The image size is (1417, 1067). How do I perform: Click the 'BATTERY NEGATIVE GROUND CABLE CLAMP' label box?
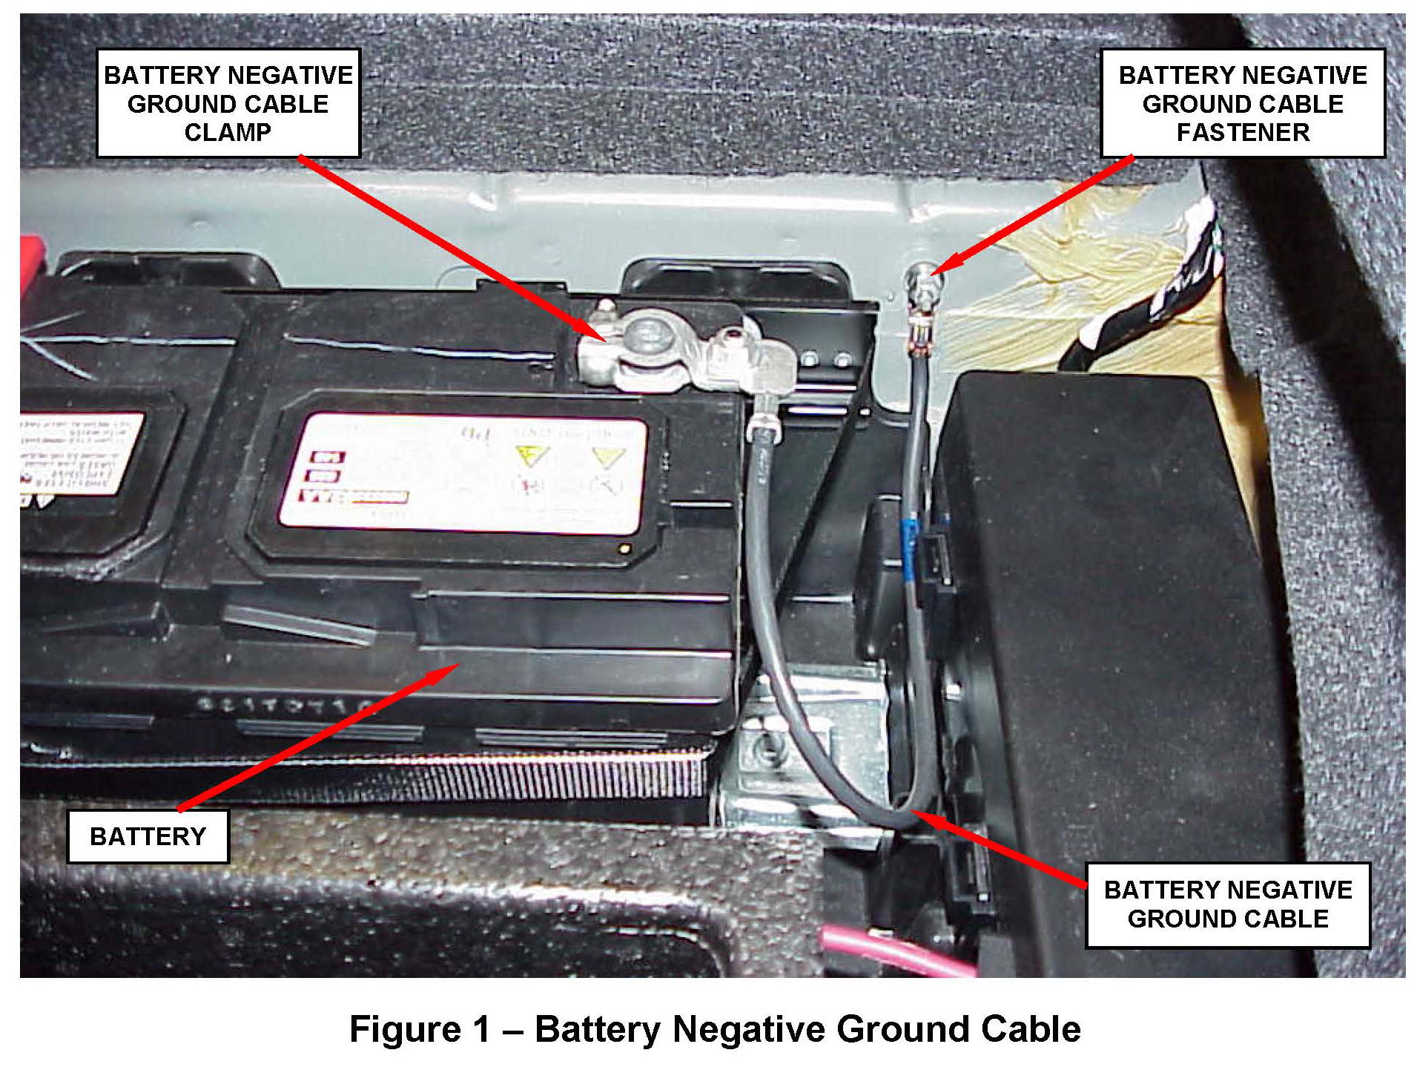coord(228,103)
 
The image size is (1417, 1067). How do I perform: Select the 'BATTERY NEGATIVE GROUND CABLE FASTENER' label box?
coord(1242,103)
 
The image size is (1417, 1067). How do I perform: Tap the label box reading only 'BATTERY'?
coord(148,836)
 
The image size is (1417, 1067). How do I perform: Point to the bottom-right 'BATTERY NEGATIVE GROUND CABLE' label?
coord(1227,905)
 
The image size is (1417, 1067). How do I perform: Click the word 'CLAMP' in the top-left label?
coord(228,132)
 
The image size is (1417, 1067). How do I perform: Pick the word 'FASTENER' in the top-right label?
coord(1243,132)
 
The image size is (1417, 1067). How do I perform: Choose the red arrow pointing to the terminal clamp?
coord(452,249)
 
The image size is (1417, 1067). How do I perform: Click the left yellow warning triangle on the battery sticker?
coord(532,455)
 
